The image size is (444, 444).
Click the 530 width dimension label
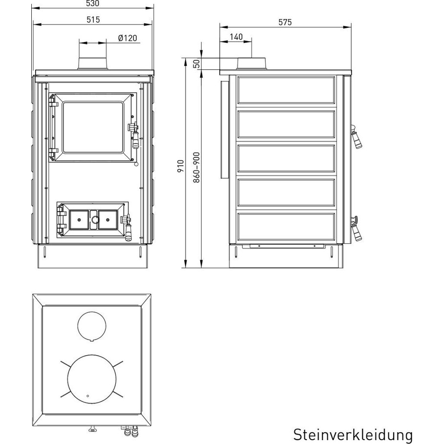coord(93,3)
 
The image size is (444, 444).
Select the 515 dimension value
coord(93,20)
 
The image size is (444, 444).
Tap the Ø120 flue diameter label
coord(127,38)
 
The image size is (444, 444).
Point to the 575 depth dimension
coord(285,22)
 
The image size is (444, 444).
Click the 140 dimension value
coord(236,37)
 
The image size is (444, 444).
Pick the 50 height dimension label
coord(197,63)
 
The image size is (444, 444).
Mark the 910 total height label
coord(181,166)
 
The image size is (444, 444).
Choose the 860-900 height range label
coord(196,168)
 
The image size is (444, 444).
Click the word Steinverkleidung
coord(353,435)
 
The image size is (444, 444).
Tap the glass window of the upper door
coord(93,127)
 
